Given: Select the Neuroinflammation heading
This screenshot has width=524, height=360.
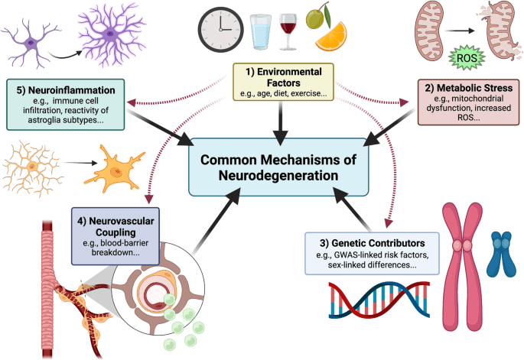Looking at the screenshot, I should coord(70,89).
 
